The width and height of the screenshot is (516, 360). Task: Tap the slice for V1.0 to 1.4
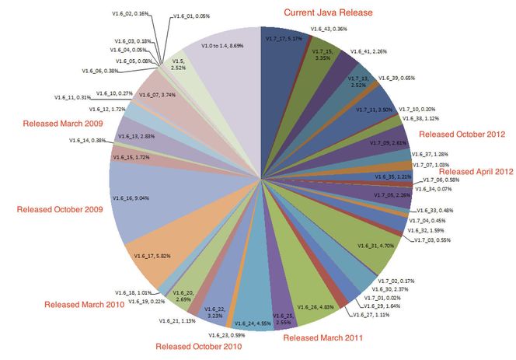pyautogui.click(x=225, y=62)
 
